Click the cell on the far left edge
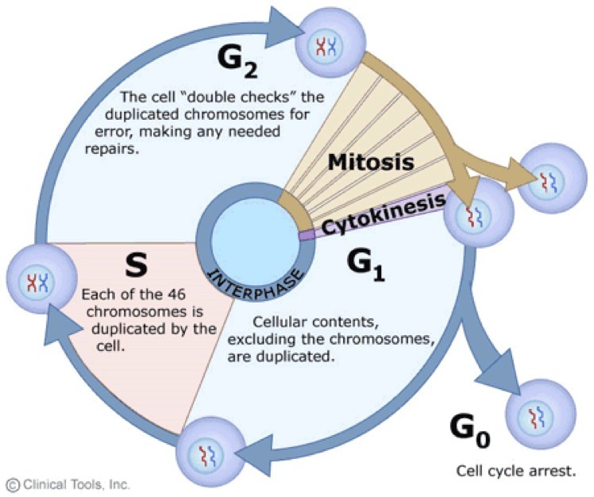[x=37, y=279]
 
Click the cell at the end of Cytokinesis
[x=474, y=216]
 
